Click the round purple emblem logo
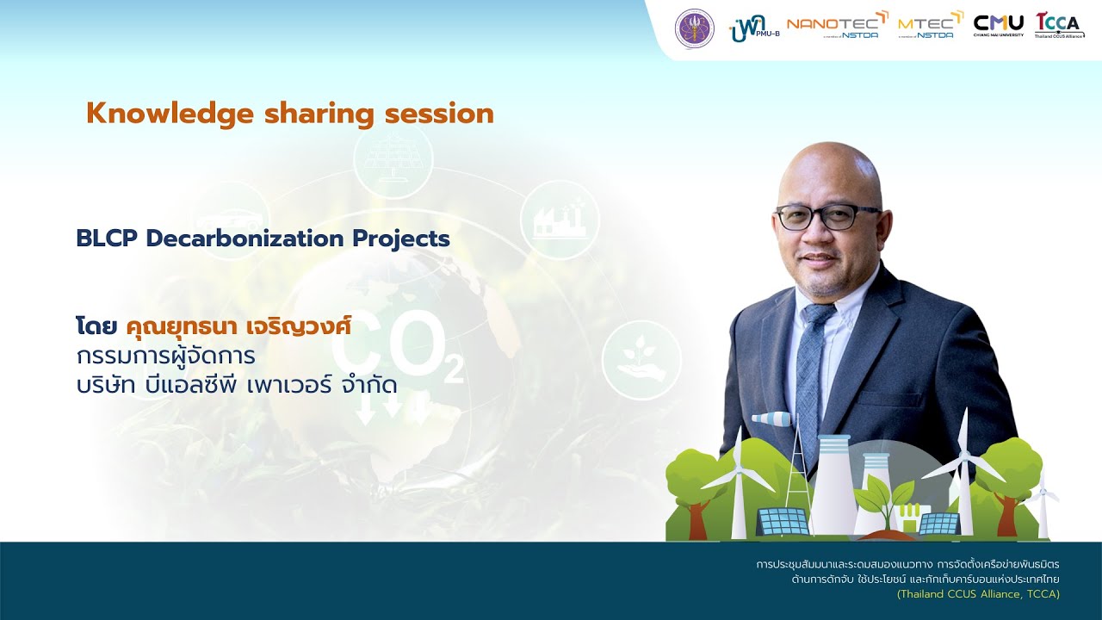point(694,28)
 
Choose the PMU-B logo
point(753,28)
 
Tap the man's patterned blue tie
point(811,370)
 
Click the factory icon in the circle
point(560,220)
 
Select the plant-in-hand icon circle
point(641,360)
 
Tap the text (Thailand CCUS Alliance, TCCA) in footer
point(978,594)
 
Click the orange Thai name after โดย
point(239,327)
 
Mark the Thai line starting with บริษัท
point(236,384)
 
